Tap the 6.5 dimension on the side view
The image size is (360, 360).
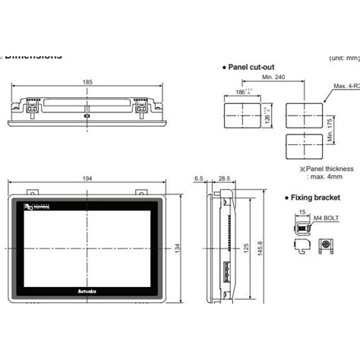click(199, 178)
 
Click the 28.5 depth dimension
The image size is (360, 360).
click(223, 178)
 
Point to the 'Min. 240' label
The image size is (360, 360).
click(273, 77)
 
